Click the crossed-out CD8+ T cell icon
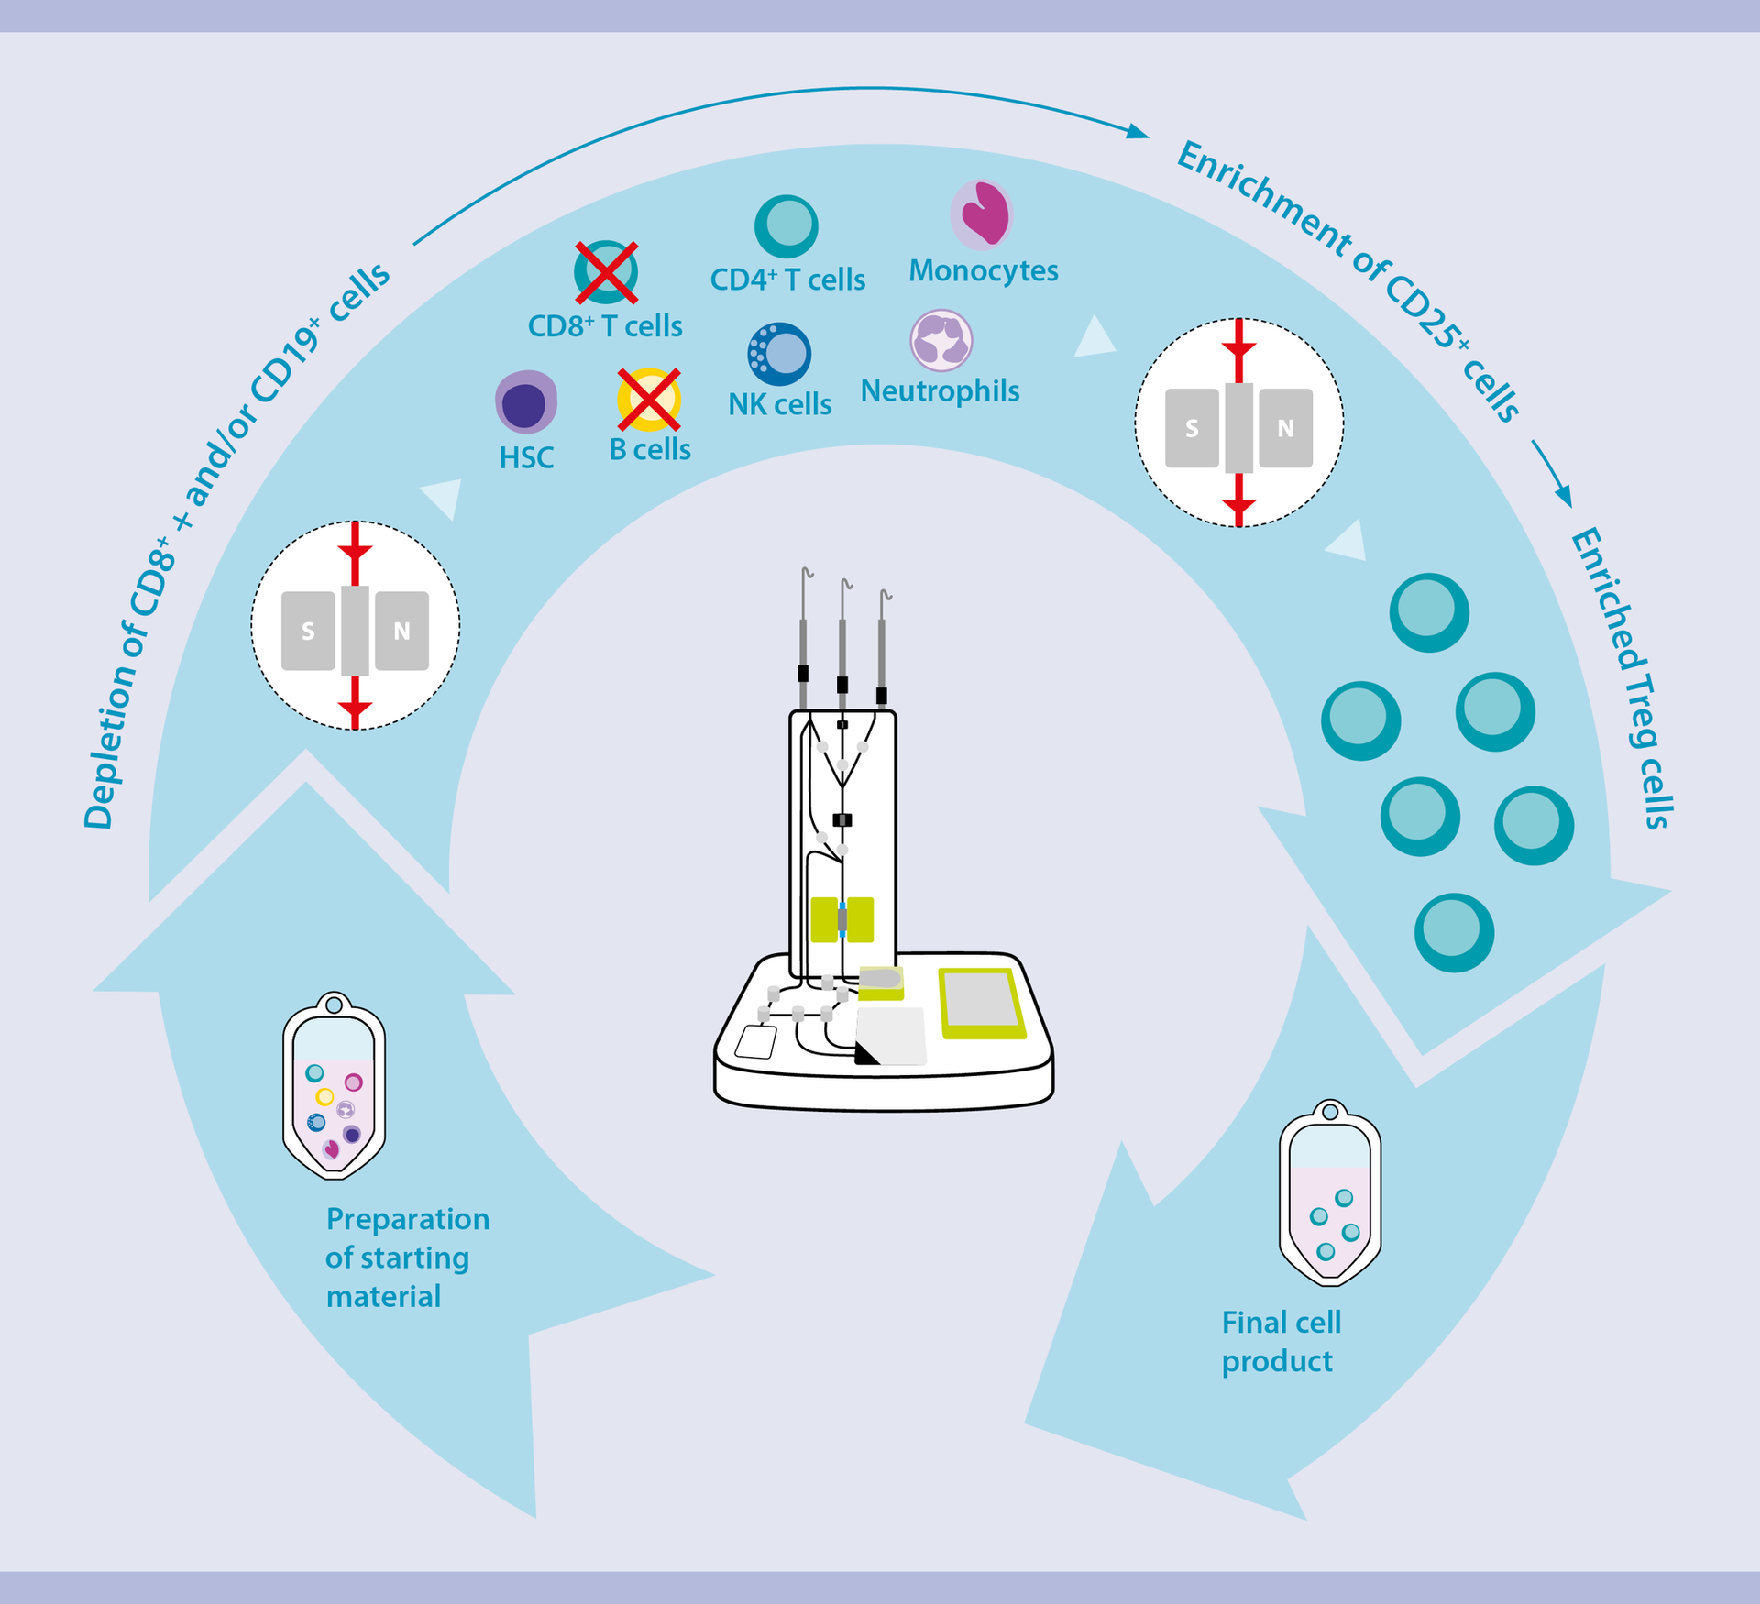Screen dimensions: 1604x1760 pos(606,272)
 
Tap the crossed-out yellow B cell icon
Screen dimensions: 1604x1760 pos(649,400)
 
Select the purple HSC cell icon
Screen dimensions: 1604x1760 pos(526,402)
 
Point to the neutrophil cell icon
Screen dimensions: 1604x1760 pos(941,340)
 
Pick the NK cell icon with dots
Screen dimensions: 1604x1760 pos(780,354)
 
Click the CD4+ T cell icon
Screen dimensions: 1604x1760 pos(786,225)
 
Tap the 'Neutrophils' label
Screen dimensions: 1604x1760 pos(940,391)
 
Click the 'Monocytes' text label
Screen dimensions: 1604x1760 pos(983,271)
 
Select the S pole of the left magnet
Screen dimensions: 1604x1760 pos(308,631)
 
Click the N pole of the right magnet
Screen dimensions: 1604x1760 pos(1285,428)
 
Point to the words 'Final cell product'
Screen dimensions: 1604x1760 pos(1281,1342)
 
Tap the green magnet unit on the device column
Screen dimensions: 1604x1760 pos(841,919)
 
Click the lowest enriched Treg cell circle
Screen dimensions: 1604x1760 pos(1454,932)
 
